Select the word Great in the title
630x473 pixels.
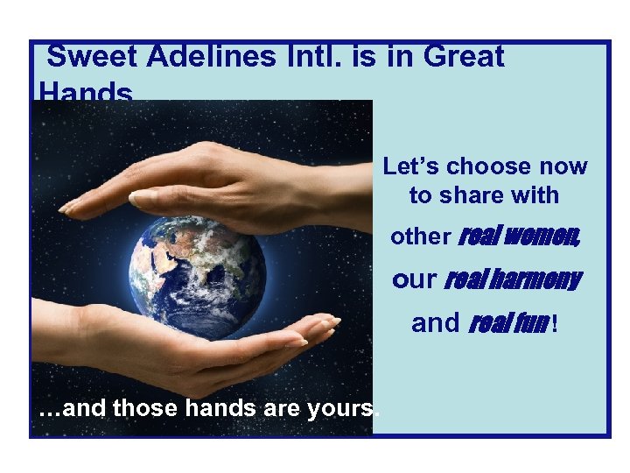click(x=463, y=57)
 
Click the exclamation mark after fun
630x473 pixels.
click(x=553, y=324)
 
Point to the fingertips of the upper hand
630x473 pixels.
click(x=70, y=207)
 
